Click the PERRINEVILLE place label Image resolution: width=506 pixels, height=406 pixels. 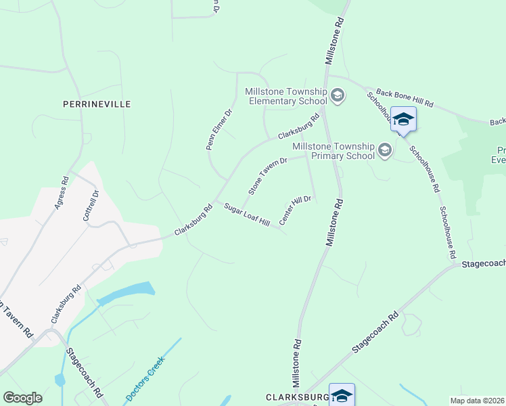click(96, 104)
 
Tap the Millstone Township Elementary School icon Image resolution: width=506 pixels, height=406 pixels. click(338, 96)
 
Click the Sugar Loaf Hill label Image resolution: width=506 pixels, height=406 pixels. click(247, 215)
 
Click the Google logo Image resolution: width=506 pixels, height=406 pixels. click(22, 398)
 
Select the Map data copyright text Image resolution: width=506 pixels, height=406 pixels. click(477, 400)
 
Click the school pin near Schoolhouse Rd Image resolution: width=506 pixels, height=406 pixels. click(403, 120)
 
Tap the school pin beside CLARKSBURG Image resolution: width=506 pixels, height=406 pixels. click(342, 394)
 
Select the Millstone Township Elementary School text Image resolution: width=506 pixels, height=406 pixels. click(286, 96)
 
